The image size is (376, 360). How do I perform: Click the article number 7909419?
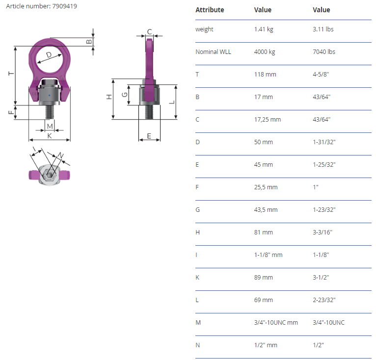tap(64, 6)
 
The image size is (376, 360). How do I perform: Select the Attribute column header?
tap(210, 10)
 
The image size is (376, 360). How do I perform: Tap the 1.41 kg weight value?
tap(264, 29)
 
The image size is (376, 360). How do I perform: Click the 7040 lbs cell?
tap(324, 52)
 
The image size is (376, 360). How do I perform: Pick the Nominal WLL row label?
tap(213, 52)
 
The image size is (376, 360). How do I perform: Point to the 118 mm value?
tap(265, 74)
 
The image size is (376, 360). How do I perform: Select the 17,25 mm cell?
tap(268, 119)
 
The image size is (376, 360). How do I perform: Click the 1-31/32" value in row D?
tap(324, 142)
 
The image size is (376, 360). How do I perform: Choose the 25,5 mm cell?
tap(266, 187)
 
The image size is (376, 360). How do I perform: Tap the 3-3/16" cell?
tap(322, 232)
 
